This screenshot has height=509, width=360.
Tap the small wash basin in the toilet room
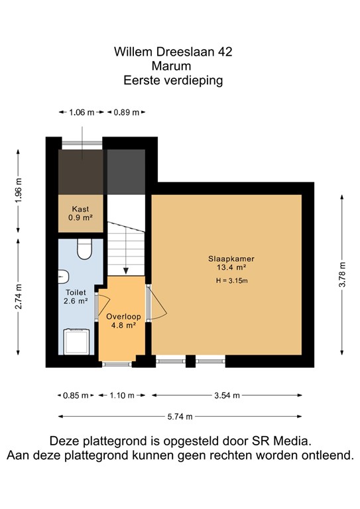(62, 276)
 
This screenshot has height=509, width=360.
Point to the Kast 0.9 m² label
(80, 213)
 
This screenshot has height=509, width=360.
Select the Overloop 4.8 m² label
(121, 321)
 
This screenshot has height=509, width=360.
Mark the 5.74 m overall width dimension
(180, 417)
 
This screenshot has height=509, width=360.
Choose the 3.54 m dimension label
(227, 396)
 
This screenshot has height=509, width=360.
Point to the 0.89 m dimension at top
(126, 113)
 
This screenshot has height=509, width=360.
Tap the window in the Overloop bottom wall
(116, 363)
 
